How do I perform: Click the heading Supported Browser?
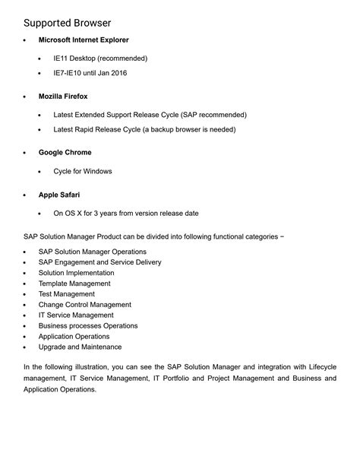(68, 23)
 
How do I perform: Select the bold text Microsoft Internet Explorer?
(84, 40)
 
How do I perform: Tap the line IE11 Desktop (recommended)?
(100, 58)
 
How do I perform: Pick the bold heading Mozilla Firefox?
(63, 97)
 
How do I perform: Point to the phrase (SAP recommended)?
(213, 115)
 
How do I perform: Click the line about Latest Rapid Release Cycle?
(144, 129)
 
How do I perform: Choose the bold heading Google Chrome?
(65, 153)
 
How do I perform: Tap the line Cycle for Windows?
(82, 171)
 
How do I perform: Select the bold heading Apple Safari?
(60, 195)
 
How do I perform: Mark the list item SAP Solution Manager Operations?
(93, 252)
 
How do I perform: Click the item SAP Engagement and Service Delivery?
(99, 262)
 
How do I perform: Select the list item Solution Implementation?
(77, 273)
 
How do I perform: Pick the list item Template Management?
(74, 284)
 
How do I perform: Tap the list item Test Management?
(67, 294)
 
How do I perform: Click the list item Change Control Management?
(85, 305)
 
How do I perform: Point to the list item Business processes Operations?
(88, 326)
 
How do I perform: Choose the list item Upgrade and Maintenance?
(80, 347)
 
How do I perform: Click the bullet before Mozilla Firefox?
(25, 97)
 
